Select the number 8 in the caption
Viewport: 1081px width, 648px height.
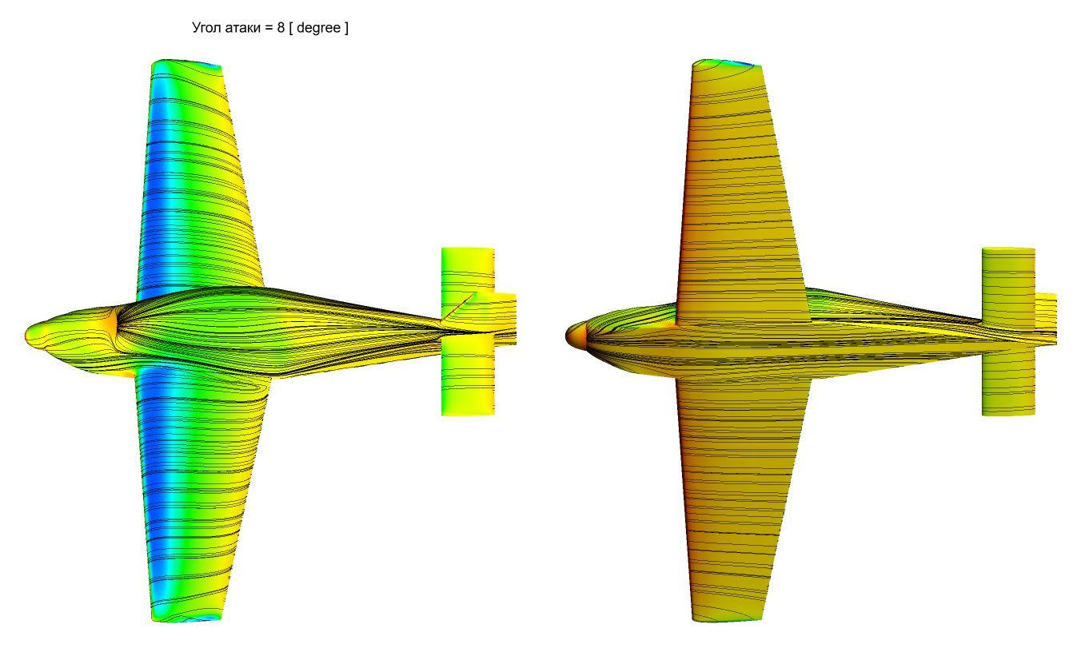(x=281, y=27)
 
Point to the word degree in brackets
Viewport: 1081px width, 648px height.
(x=318, y=28)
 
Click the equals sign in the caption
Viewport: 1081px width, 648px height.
(x=269, y=28)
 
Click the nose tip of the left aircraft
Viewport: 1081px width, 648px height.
(x=26, y=334)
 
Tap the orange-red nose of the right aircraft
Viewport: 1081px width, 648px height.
(x=575, y=335)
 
